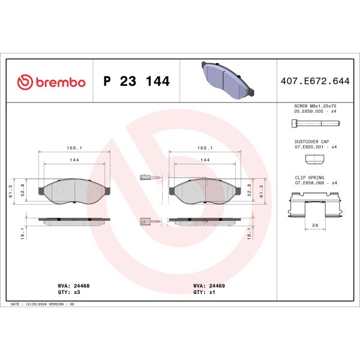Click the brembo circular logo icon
tap(25, 82)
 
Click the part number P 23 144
tap(137, 82)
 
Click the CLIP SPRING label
tap(310, 178)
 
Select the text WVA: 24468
tap(74, 287)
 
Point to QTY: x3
tap(70, 292)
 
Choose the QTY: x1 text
tap(204, 292)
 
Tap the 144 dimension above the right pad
tap(205, 160)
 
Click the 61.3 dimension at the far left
tap(11, 190)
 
